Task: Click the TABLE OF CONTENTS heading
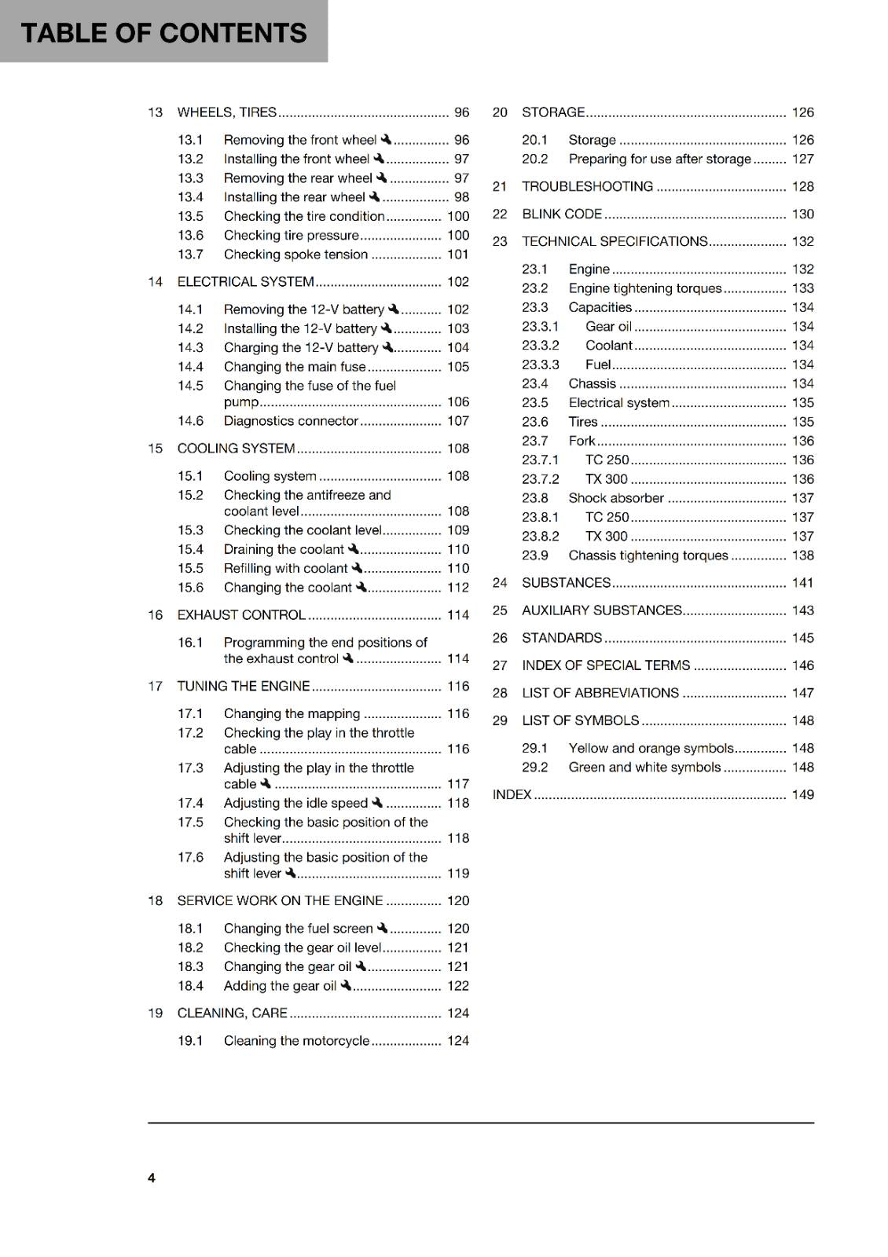click(163, 32)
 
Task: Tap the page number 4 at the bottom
click(152, 1178)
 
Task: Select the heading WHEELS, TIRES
click(226, 112)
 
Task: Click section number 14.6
click(190, 421)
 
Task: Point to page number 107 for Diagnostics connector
click(457, 421)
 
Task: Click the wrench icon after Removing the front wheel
click(386, 139)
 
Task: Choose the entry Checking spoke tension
click(295, 255)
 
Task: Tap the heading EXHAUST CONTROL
click(240, 615)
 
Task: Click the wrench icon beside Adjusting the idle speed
click(377, 802)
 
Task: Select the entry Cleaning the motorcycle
click(296, 1041)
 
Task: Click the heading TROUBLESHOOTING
click(587, 187)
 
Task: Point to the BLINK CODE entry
click(562, 214)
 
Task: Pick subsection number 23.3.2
click(541, 346)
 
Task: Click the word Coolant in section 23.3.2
click(608, 346)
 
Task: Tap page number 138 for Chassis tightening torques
click(802, 555)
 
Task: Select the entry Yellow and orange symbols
click(651, 749)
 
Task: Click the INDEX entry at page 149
click(512, 795)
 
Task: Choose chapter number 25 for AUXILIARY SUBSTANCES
click(500, 611)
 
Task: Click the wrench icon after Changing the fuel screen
click(383, 928)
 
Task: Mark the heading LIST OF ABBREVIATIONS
click(600, 693)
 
